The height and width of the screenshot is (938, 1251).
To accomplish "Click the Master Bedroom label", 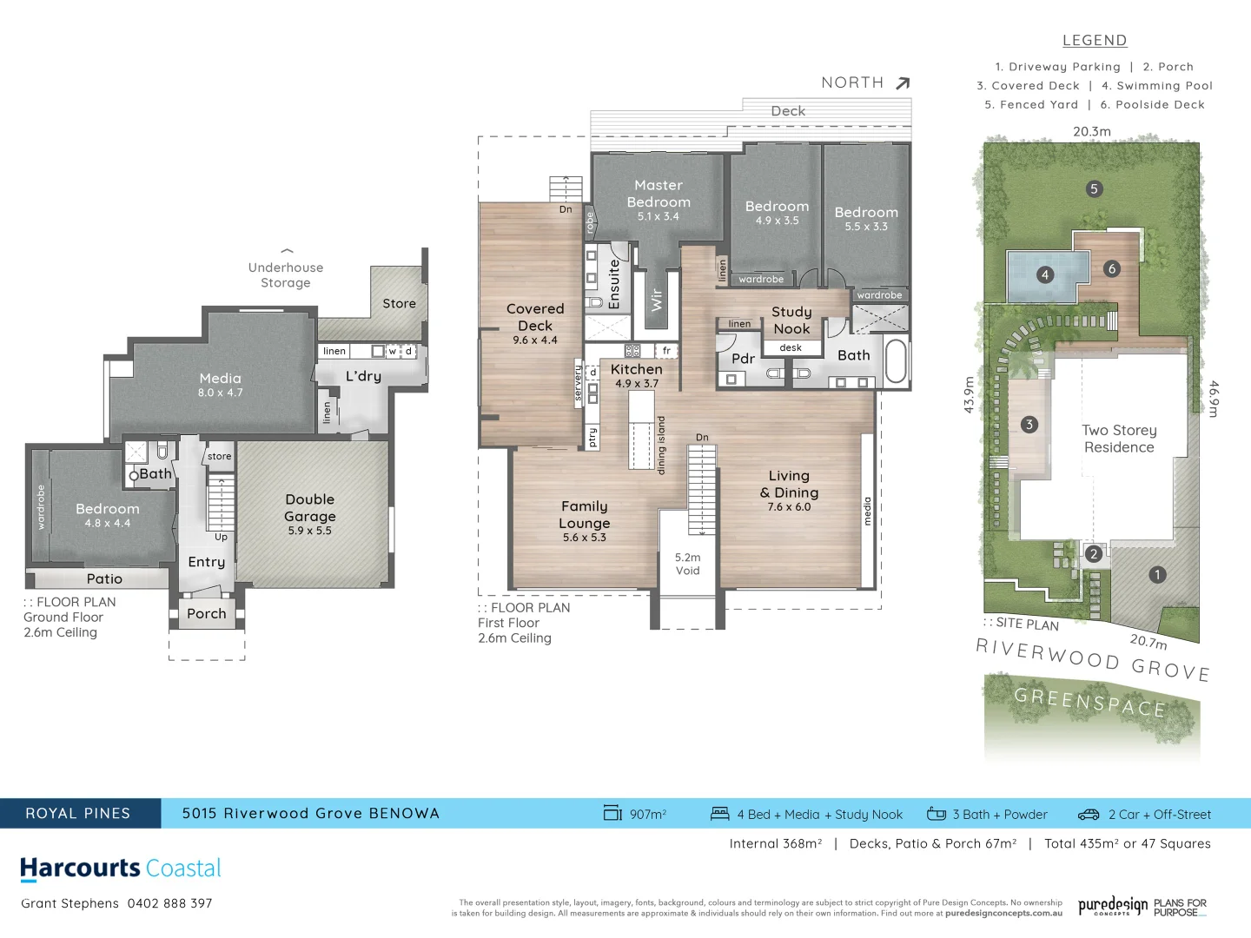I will coord(659,194).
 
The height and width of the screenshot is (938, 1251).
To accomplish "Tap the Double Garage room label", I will coord(309,508).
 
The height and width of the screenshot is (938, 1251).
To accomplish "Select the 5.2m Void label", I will coord(687,564).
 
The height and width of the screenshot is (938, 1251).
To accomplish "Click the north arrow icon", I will coord(903,83).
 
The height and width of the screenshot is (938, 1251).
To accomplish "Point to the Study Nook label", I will coord(791,320).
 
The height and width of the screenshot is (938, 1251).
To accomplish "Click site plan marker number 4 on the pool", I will coord(1044,275).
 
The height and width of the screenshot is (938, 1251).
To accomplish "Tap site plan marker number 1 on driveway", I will coord(1157,574).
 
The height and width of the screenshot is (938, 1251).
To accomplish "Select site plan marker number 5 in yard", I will coord(1094,188).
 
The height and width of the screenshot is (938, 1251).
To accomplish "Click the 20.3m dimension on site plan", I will coord(1091,132).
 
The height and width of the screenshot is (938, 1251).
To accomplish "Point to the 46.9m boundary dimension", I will coord(1214,399).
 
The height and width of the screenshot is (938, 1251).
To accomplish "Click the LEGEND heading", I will coord(1095,41).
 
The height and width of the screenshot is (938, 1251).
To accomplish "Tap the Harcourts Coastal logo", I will coord(121,869).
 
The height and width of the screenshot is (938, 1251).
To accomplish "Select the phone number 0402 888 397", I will coord(170,903).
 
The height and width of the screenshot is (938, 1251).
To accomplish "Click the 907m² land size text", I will coord(647,815).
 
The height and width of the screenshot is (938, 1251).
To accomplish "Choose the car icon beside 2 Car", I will coord(1089,815).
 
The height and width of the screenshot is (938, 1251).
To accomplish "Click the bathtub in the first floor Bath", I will coord(896,360).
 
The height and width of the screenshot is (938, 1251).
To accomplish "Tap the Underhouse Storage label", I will coord(286,275).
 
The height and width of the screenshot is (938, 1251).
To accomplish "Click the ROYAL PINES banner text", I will coord(78,814).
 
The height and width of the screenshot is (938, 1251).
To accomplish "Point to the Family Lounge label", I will coord(585,515).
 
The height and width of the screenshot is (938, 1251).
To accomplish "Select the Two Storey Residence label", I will coord(1119,439).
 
